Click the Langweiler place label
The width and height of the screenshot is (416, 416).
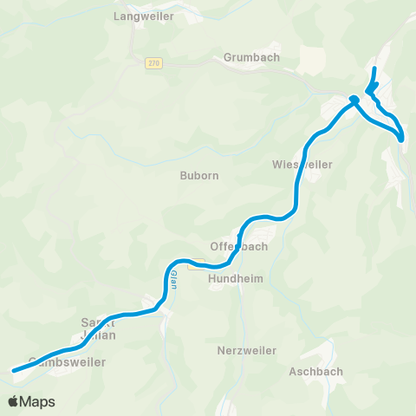coord(144,16)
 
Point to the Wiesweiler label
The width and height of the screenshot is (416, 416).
coord(296,164)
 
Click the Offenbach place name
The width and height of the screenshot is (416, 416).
coord(239,246)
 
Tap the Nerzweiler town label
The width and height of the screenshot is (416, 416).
coord(246,350)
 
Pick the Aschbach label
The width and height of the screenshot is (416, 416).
coord(315,372)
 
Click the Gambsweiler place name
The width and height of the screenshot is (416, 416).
coord(67,362)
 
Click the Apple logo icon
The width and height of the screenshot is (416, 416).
coord(14,401)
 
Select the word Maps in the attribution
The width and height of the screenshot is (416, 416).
coord(38,401)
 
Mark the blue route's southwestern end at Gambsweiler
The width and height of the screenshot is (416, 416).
coord(13,371)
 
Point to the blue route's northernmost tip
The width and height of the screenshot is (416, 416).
coord(374,68)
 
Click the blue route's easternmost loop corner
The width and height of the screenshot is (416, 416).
coord(403,137)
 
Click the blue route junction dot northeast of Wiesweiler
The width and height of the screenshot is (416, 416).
coord(354,100)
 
